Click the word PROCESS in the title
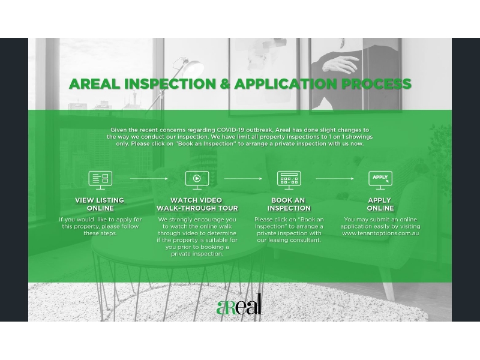[376, 84]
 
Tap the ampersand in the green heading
[225, 84]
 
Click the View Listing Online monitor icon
[100, 180]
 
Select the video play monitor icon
[197, 180]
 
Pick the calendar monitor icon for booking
[289, 180]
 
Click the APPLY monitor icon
[380, 180]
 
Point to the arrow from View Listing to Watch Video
[149, 178]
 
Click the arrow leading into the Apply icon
[335, 178]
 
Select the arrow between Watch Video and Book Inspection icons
[243, 178]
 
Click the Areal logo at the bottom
[239, 305]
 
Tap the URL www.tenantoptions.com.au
[380, 233]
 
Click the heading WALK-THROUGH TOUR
[197, 208]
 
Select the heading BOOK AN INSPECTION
[289, 204]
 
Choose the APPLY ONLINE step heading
[380, 204]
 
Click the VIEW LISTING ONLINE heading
[100, 204]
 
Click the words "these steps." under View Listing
[100, 233]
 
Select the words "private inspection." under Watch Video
[197, 254]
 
